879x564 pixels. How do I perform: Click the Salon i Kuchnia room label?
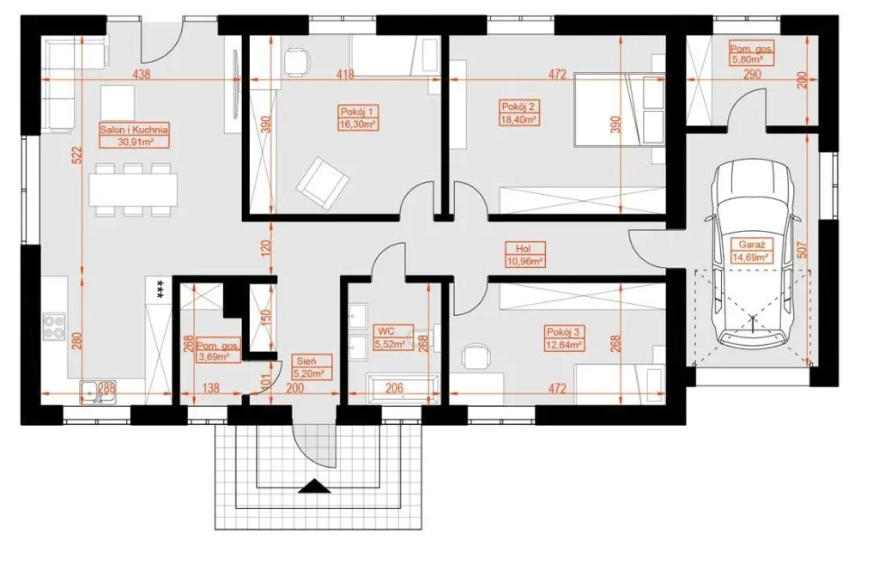[x=134, y=130]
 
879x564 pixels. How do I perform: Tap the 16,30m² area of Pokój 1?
[x=358, y=124]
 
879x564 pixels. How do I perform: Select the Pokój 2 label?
[x=518, y=106]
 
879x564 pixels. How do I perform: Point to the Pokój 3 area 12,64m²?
[x=565, y=345]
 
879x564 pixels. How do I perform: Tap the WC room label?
[x=387, y=331]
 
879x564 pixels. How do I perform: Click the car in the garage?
[x=754, y=252]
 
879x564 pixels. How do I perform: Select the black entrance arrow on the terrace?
[x=315, y=486]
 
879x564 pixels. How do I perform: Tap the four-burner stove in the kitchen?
[x=54, y=327]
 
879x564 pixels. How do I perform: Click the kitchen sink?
[x=98, y=391]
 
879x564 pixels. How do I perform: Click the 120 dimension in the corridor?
[x=266, y=247]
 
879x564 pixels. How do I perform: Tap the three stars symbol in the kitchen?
[x=160, y=290]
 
